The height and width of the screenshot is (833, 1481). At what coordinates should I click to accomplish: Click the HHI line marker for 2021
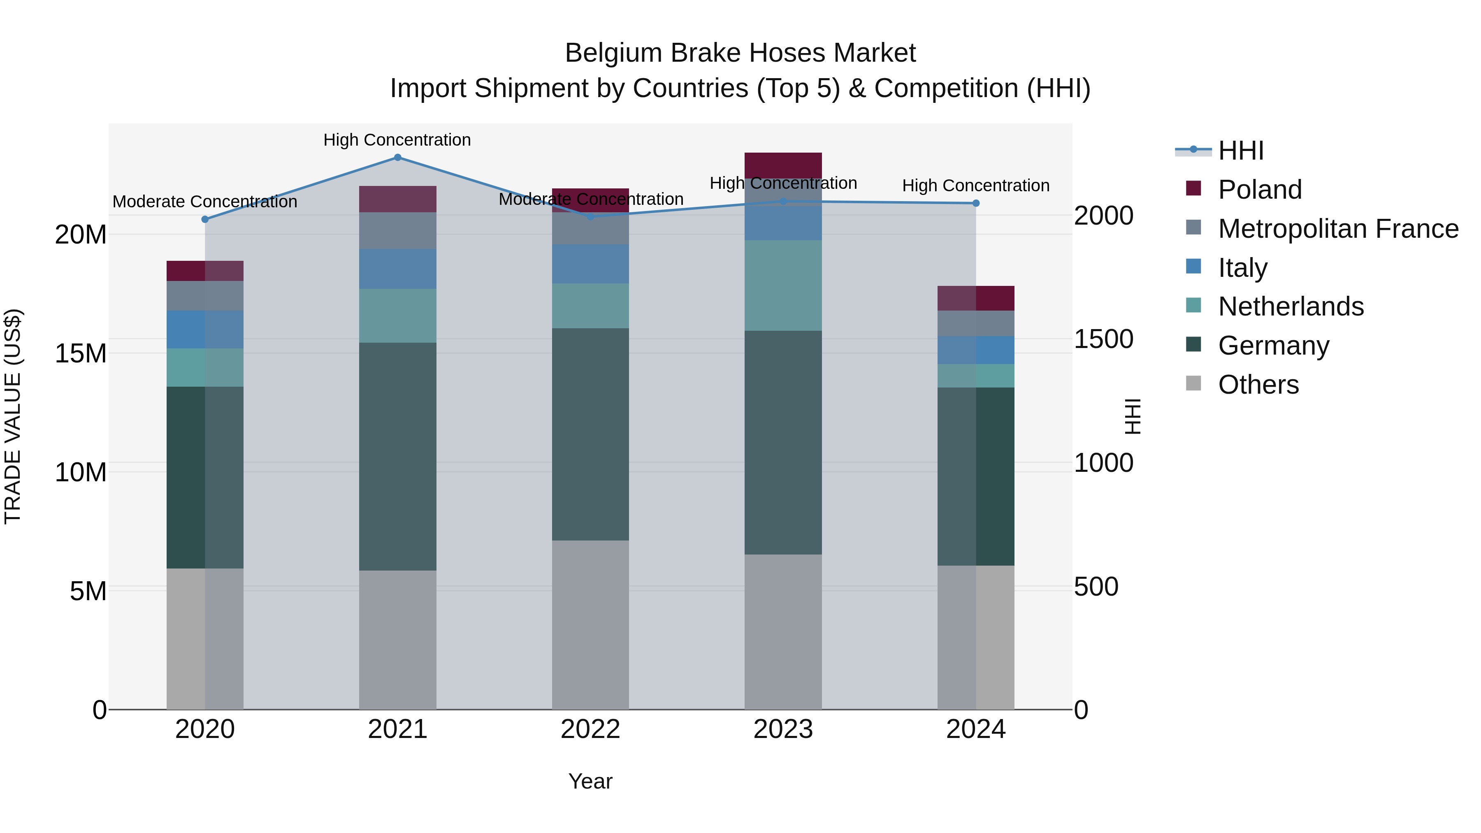(397, 158)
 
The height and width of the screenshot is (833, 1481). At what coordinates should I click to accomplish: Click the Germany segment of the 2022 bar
(590, 434)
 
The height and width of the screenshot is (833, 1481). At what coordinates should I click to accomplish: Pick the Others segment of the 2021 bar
(397, 639)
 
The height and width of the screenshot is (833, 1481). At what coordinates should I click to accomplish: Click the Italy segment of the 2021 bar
(397, 269)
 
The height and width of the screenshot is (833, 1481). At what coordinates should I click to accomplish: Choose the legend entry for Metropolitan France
(1338, 229)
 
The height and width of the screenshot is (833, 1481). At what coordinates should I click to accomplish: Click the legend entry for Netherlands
(1291, 306)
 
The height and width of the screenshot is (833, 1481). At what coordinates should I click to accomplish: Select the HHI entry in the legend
(1241, 151)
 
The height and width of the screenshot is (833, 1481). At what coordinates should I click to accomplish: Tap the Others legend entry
(1258, 385)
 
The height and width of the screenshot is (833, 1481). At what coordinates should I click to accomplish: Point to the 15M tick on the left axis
(81, 353)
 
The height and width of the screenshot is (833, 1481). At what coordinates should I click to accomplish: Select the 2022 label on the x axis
(590, 729)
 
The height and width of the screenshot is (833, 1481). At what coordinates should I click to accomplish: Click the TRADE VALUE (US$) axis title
(13, 416)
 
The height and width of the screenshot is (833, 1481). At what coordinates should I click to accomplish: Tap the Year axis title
(590, 781)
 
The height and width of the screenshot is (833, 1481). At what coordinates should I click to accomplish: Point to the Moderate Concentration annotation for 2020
(205, 202)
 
